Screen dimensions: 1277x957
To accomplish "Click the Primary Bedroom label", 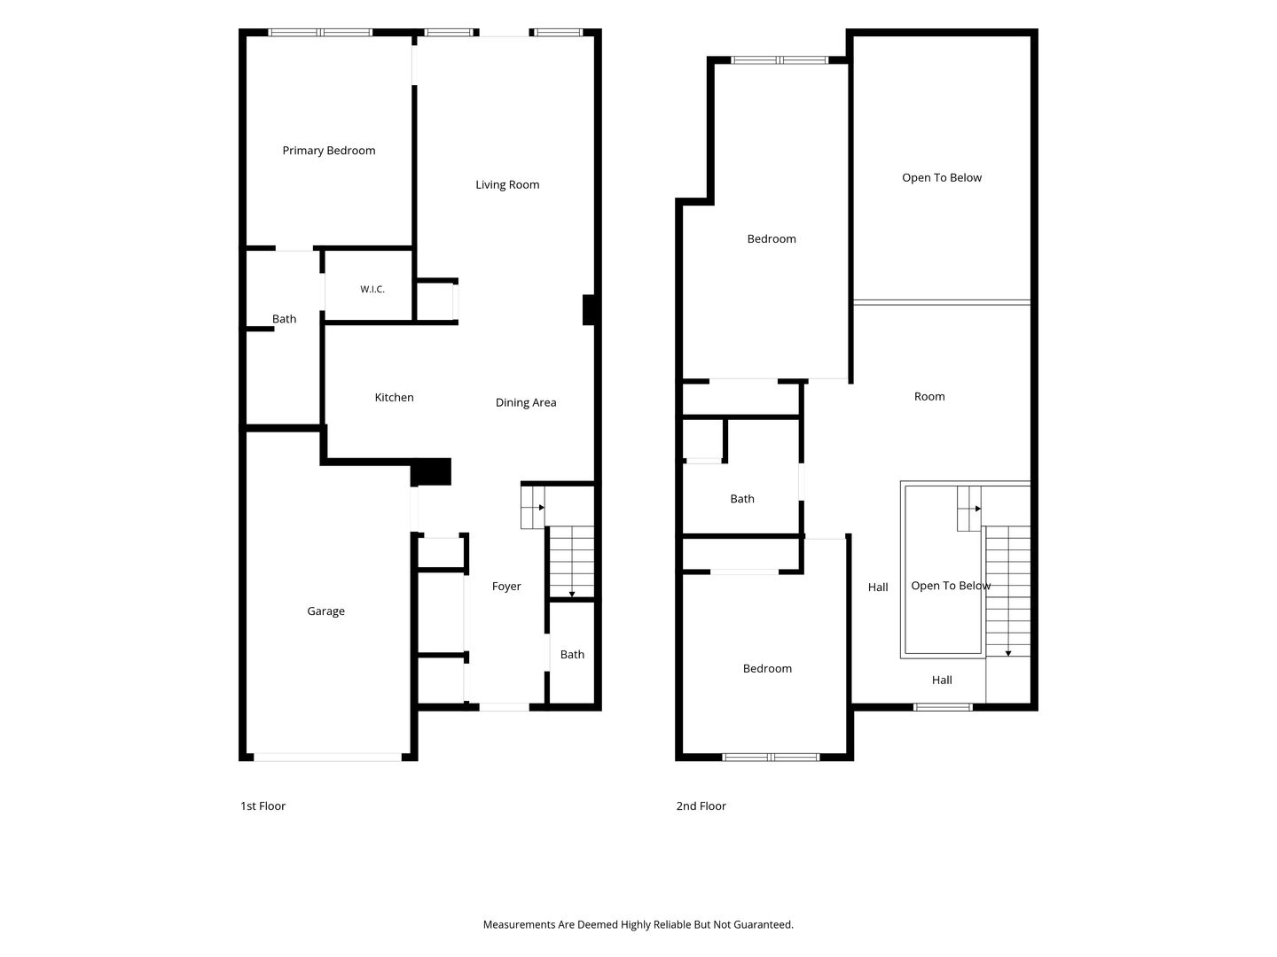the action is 329,151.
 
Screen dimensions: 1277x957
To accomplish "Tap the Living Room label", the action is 507,185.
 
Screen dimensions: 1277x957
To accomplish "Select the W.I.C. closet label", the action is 372,289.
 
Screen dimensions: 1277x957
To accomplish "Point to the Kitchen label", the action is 394,398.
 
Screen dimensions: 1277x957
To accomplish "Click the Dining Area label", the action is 526,402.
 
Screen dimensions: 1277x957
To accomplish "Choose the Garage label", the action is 325,611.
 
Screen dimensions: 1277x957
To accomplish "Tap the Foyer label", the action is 506,587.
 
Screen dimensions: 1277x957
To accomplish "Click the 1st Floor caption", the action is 263,806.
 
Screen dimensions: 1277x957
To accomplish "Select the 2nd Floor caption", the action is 701,806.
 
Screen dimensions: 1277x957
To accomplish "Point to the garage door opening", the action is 328,757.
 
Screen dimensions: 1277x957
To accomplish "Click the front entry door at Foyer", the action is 504,707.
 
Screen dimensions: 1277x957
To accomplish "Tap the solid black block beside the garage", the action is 431,471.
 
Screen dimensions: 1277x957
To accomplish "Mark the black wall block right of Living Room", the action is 589,310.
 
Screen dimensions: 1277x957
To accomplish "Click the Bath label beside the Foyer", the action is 572,655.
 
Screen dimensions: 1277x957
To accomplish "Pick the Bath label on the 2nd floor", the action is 741,499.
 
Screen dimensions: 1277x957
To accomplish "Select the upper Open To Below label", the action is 941,178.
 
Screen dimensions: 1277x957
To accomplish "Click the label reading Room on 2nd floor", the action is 929,397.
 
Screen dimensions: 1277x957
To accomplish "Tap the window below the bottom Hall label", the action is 943,707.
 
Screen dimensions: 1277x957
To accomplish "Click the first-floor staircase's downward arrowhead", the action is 572,595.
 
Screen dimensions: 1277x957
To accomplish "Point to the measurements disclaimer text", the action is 638,924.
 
